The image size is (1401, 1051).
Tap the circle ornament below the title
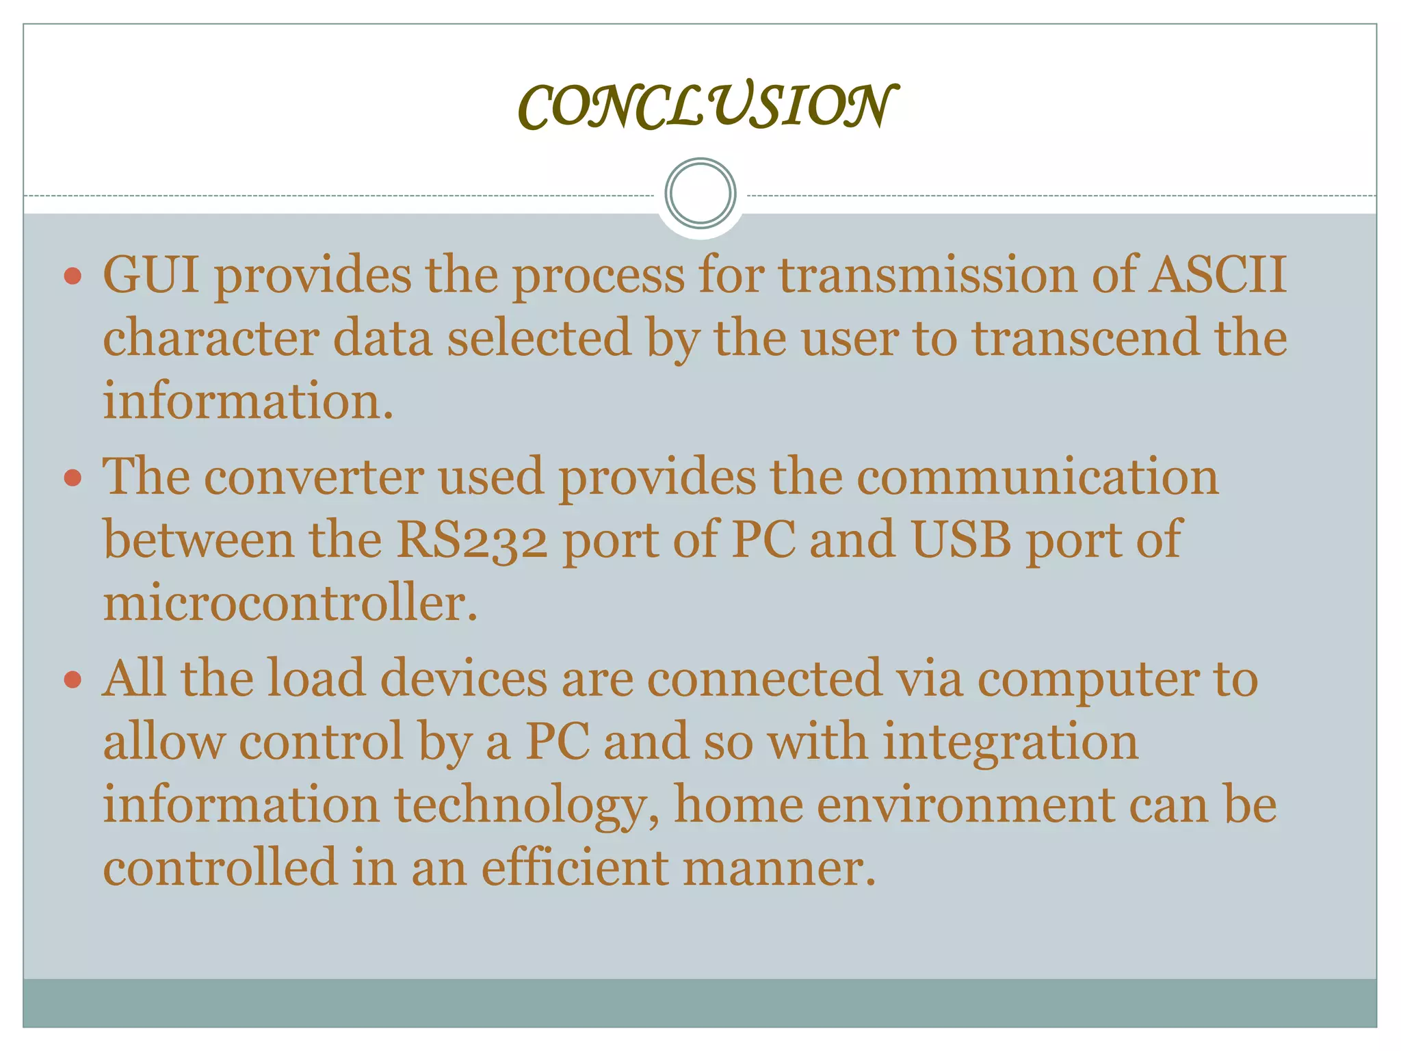pos(700,194)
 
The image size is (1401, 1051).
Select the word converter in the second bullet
pos(314,477)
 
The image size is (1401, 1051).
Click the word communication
pos(1037,477)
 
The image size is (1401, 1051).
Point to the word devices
pos(464,679)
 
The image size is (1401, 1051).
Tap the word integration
pos(1010,742)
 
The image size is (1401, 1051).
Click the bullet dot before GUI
pos(73,276)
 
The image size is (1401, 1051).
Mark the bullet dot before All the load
pos(73,680)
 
